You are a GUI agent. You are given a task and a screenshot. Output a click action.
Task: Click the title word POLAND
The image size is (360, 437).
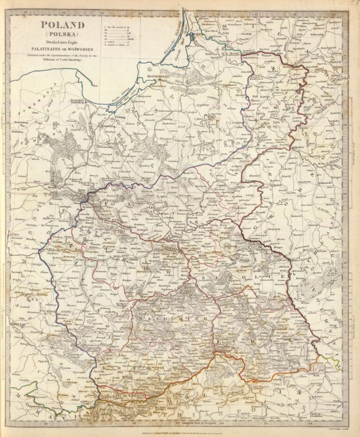[x=63, y=26]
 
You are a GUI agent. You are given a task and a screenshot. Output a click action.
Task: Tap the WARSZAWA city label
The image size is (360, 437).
[x=175, y=243]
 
